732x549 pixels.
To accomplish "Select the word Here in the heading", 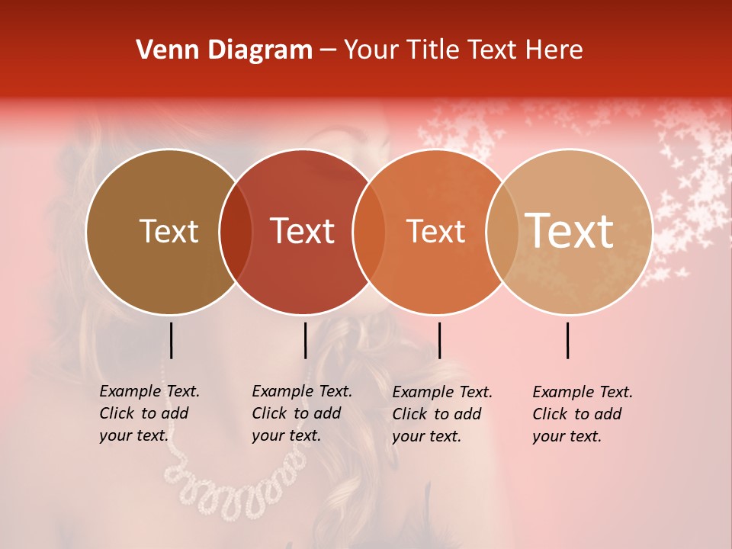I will click(x=555, y=50).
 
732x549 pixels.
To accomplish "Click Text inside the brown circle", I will click(x=169, y=231).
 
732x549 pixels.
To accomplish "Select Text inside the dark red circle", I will click(x=303, y=231).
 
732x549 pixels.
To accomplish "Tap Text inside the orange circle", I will click(x=435, y=231).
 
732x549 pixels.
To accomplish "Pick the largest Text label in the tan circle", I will click(x=570, y=230).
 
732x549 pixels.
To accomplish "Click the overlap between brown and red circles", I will click(x=236, y=232).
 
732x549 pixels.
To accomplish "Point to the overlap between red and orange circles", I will click(x=369, y=232).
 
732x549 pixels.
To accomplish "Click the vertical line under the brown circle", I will click(x=171, y=340).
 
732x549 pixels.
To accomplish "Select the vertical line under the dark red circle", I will click(x=305, y=340).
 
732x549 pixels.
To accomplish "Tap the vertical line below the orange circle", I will click(x=439, y=340).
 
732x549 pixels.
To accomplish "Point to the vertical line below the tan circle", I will click(x=568, y=340).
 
